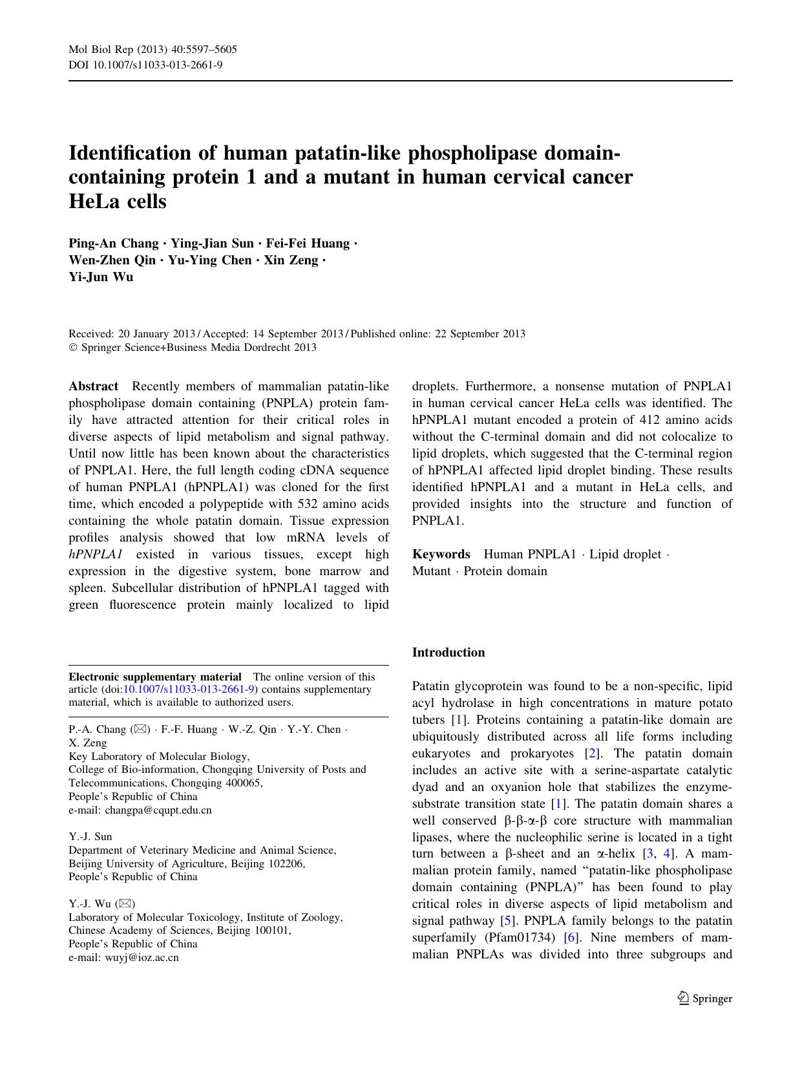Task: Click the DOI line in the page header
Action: coord(145,65)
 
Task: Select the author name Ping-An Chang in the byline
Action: coord(113,244)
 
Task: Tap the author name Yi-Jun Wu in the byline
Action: coord(101,277)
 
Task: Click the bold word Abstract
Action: coord(94,386)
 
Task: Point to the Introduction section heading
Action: coord(448,653)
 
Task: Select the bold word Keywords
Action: coord(441,554)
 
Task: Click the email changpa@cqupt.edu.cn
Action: coord(158,810)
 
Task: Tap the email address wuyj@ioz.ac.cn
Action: coord(142,958)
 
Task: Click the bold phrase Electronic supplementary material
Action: coord(155,677)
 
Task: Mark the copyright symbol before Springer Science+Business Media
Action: coord(72,348)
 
